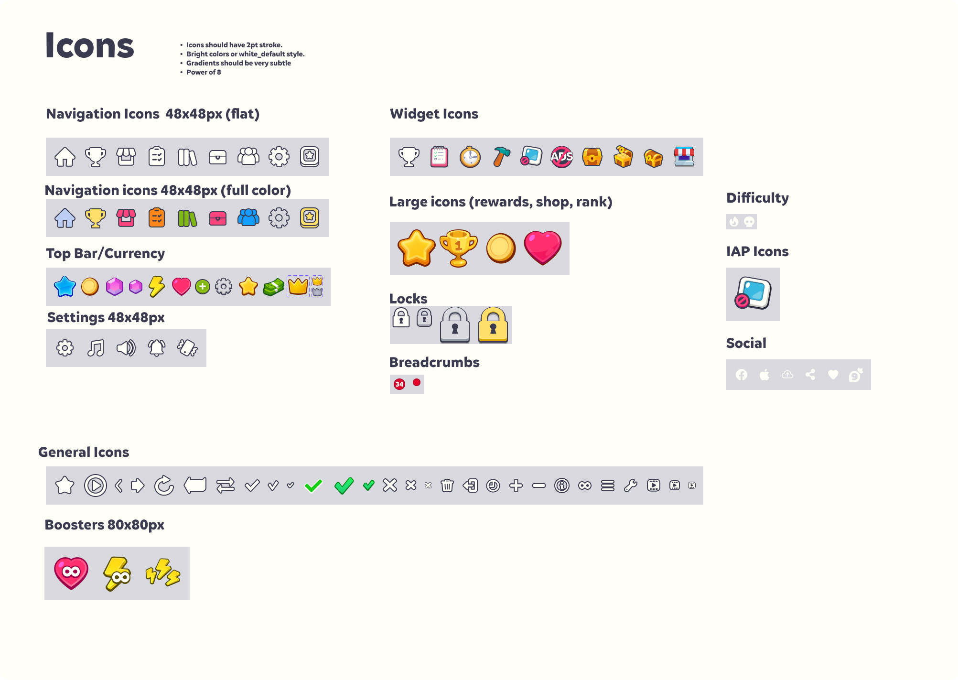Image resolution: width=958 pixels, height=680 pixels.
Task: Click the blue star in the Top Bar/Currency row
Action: [65, 287]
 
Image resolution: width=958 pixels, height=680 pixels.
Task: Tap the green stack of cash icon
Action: [273, 287]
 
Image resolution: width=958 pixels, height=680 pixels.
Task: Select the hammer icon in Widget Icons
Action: [501, 157]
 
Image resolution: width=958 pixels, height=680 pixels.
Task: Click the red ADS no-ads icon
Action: [562, 157]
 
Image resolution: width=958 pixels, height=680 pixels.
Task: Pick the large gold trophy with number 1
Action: [458, 248]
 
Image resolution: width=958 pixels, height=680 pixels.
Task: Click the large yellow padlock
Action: [493, 325]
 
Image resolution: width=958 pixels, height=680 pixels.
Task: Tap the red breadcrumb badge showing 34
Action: [399, 384]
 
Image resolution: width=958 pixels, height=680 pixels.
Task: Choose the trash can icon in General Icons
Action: [447, 486]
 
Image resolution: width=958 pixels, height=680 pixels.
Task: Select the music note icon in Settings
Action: [96, 348]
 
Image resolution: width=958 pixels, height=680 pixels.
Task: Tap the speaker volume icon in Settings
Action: [126, 348]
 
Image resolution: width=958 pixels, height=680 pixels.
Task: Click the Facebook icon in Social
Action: [742, 375]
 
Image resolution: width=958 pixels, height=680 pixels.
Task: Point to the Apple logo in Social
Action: [764, 375]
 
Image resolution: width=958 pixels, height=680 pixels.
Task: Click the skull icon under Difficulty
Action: [749, 222]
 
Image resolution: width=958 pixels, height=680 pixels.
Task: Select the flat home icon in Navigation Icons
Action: [65, 157]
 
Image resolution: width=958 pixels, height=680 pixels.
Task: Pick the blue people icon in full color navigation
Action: [248, 218]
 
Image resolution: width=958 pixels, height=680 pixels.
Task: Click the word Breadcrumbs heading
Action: [434, 362]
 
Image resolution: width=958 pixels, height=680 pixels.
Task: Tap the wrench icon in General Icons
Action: [631, 486]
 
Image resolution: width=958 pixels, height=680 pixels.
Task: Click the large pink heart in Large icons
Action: [543, 248]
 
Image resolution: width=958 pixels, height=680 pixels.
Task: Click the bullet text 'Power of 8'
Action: [204, 72]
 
